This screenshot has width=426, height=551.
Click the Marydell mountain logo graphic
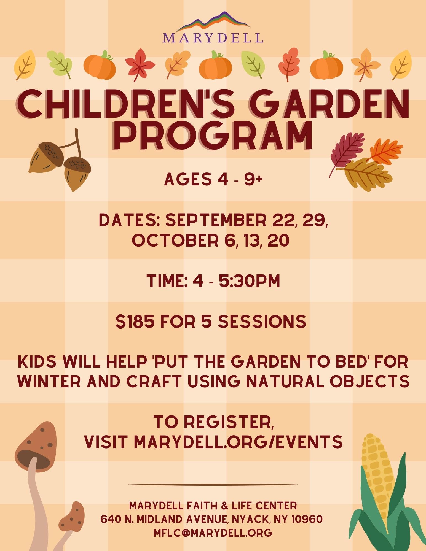pyautogui.click(x=213, y=21)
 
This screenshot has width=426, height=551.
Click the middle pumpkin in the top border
pyautogui.click(x=215, y=65)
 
